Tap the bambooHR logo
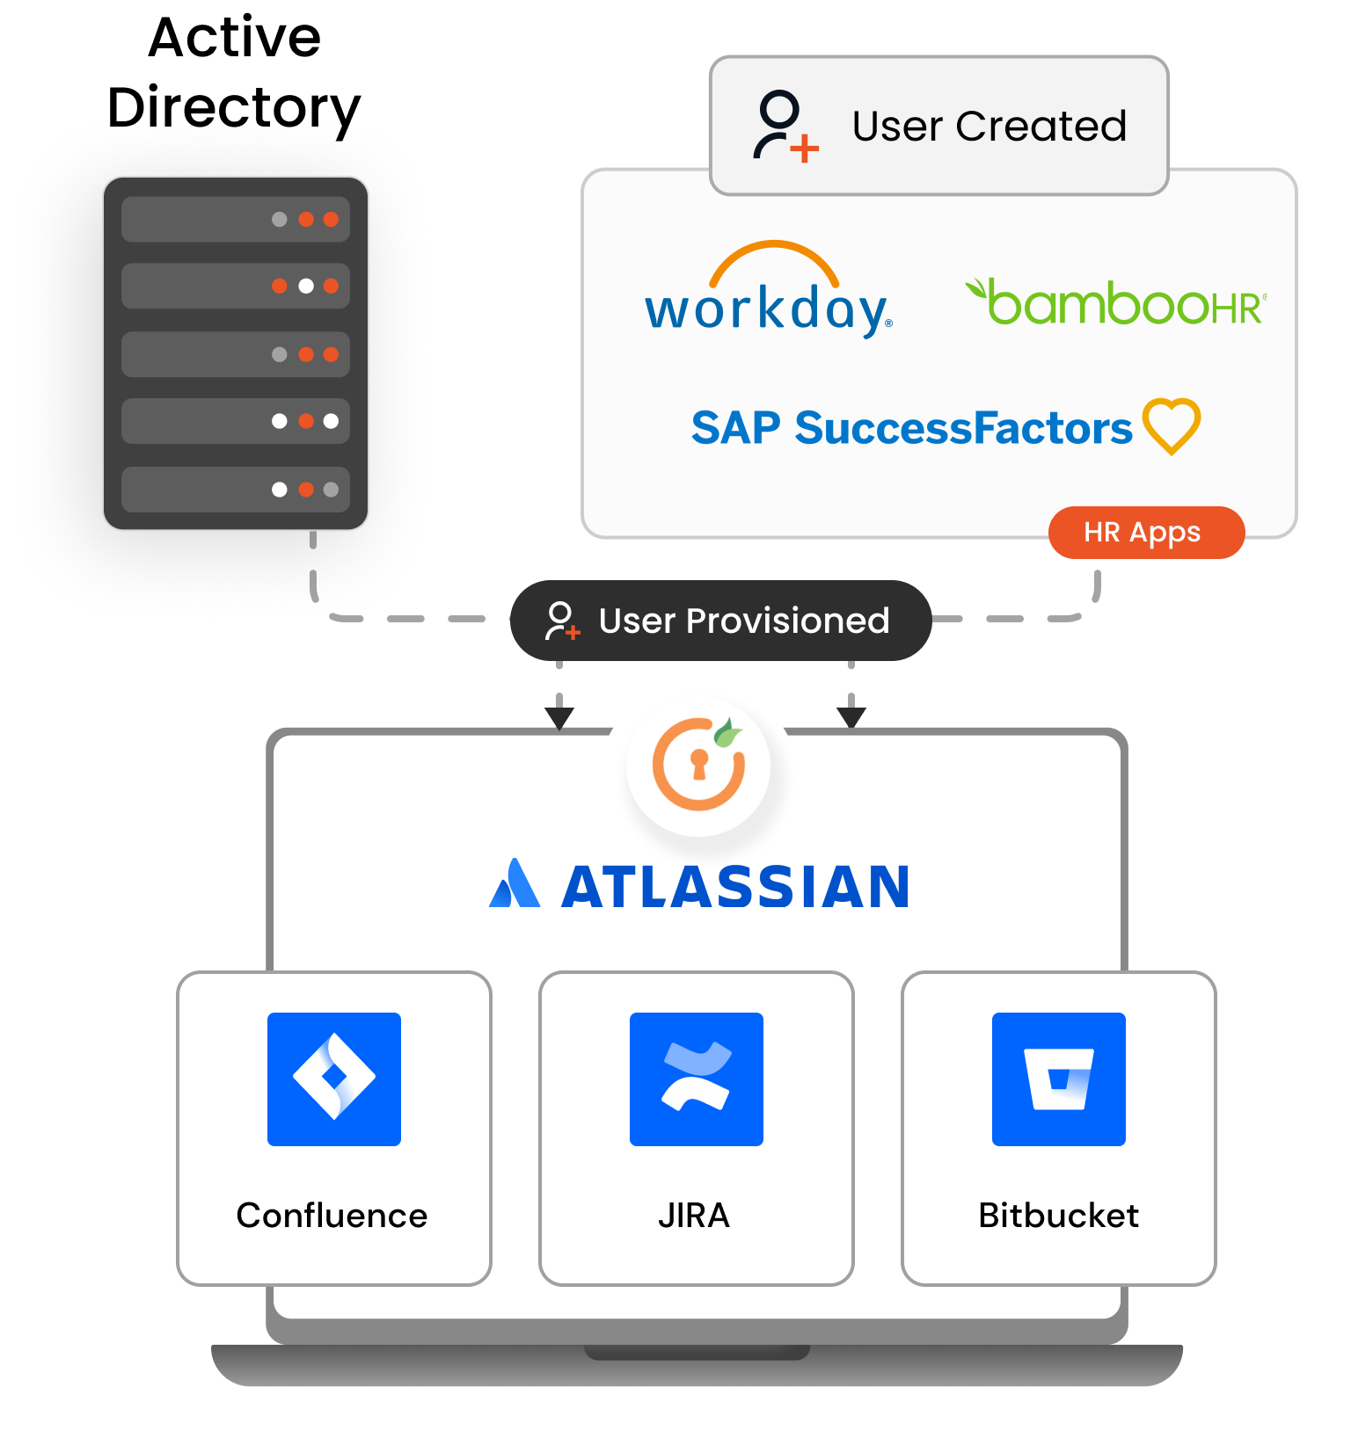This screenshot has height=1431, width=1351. [1115, 303]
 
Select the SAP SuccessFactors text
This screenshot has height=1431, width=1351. [911, 428]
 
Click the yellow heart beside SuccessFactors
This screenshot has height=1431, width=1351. [1172, 425]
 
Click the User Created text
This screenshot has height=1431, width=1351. [989, 126]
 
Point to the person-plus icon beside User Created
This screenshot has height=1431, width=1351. [784, 126]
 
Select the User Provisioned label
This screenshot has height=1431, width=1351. [743, 621]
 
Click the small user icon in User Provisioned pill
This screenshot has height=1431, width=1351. [561, 621]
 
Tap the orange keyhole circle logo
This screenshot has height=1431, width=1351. [699, 764]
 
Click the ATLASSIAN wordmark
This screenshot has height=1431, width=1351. [735, 887]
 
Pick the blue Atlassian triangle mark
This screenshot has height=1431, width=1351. [515, 883]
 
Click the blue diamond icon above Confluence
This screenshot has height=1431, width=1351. [334, 1079]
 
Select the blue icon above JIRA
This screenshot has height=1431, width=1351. [696, 1079]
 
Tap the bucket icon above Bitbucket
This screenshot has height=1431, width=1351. [1058, 1079]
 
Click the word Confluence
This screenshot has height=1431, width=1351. [332, 1216]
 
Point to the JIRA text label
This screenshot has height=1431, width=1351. [694, 1216]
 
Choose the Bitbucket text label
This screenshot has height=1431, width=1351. [1058, 1216]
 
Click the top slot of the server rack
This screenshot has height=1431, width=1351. [235, 219]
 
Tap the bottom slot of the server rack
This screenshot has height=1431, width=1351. [235, 490]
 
